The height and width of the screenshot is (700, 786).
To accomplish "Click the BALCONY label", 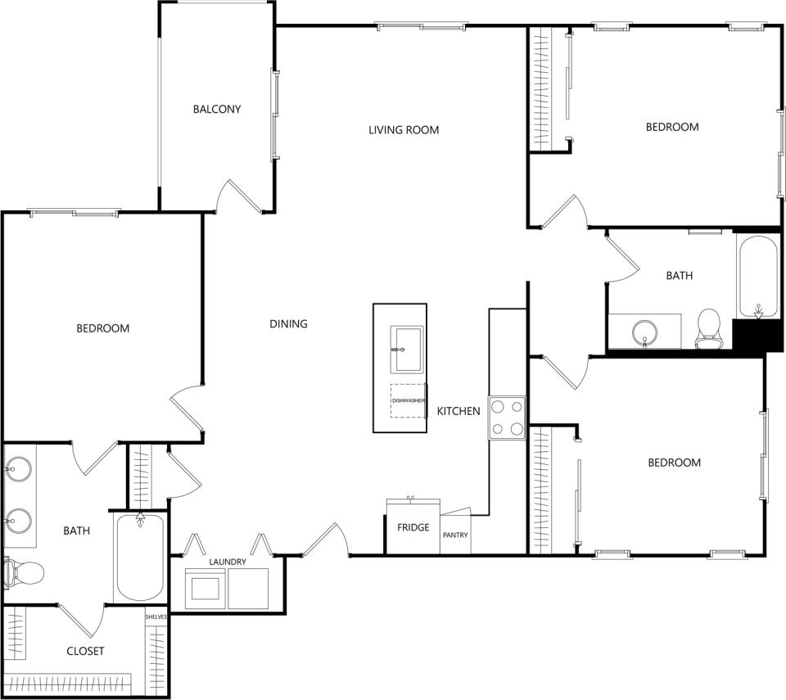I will pos(217,109).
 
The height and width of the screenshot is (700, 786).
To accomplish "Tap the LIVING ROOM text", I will pos(403,129).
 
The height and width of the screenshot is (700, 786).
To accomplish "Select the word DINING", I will pos(288,323).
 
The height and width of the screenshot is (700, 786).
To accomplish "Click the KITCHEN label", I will pos(458,411).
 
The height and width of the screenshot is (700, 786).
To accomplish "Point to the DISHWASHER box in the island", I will pos(408,400).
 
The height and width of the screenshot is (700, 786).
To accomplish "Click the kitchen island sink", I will pos(406,348).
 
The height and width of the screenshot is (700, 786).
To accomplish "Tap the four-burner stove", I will pos(507,418).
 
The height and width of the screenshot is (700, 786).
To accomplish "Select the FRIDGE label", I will pos(413,527).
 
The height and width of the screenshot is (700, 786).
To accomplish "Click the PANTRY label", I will pos(455,535).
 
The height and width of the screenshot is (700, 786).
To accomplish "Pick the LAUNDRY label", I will pos(227,562).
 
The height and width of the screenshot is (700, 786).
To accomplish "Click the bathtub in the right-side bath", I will pos(758,277).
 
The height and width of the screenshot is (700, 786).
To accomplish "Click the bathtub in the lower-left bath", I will pos(140,558).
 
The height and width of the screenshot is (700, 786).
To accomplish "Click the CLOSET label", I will pos(85,651).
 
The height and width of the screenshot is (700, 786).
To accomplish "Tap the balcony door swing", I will pos(237,196).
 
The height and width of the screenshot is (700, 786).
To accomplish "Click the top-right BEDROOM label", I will pos(671,127).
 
